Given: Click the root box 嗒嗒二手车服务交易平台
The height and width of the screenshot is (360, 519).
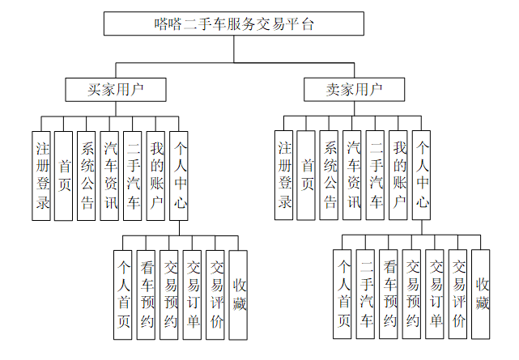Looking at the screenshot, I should pyautogui.click(x=233, y=24).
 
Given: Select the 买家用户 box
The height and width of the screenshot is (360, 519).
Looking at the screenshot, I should pyautogui.click(x=115, y=88).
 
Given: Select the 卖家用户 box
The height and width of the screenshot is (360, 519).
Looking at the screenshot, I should pyautogui.click(x=342, y=88).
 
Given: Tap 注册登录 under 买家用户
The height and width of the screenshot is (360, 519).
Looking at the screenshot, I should pyautogui.click(x=42, y=175).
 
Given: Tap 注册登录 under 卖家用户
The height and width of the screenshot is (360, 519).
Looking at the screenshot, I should pyautogui.click(x=284, y=175).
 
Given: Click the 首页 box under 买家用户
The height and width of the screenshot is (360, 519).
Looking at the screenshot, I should pyautogui.click(x=64, y=175).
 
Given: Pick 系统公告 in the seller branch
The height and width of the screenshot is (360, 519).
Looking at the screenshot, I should pyautogui.click(x=330, y=175).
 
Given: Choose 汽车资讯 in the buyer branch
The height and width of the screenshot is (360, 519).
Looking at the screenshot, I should pyautogui.click(x=110, y=175).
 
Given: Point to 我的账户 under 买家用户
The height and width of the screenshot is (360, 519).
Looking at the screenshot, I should pyautogui.click(x=156, y=175).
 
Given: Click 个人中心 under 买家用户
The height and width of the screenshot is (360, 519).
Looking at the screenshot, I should pyautogui.click(x=179, y=175).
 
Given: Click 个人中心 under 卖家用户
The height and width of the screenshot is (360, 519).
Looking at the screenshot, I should pyautogui.click(x=421, y=175).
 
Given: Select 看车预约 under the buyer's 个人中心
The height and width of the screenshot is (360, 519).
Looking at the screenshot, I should pyautogui.click(x=147, y=294).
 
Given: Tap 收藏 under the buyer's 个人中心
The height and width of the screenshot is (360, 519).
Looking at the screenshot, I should pyautogui.click(x=239, y=294).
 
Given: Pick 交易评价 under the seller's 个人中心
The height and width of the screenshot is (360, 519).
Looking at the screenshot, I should pyautogui.click(x=458, y=294).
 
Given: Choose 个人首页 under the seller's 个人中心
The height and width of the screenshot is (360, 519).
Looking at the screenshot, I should pyautogui.click(x=343, y=294).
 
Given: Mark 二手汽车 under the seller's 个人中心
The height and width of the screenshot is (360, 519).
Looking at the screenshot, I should pyautogui.click(x=366, y=294).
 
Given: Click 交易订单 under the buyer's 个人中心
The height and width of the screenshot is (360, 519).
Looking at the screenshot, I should pyautogui.click(x=193, y=294).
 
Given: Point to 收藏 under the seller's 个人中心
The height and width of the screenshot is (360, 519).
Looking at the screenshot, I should pyautogui.click(x=482, y=294).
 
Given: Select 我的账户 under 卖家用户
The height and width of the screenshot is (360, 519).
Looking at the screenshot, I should pyautogui.click(x=398, y=175).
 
